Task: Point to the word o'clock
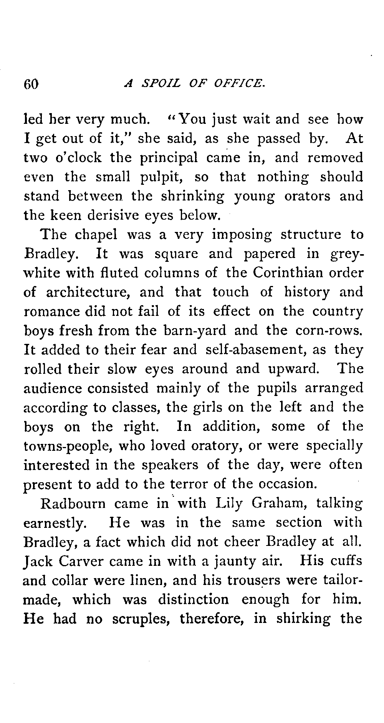pos(79,158)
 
